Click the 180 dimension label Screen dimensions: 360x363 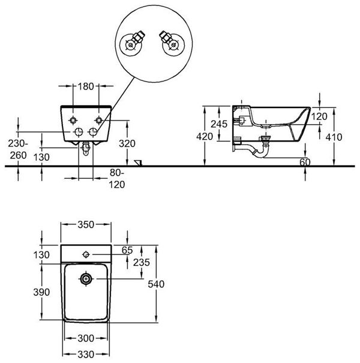coord(86,86)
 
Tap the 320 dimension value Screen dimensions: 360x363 coord(127,144)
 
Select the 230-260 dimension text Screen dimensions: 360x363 coord(18,149)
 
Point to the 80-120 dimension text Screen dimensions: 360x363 coord(117,179)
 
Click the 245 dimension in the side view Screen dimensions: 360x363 coord(219,124)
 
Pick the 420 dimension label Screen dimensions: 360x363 coord(205,137)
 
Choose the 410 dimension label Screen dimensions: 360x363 coord(334,137)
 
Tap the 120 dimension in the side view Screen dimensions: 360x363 coord(319,116)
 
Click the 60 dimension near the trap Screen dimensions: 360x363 coord(305,162)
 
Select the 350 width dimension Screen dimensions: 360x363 coord(86,224)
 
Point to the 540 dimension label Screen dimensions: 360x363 coord(156,284)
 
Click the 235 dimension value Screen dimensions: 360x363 coord(142,263)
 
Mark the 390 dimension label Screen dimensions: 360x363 coord(41,292)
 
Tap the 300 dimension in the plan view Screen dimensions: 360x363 coord(86,338)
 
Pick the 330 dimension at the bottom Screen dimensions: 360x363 coord(86,355)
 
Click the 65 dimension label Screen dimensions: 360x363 coord(127,250)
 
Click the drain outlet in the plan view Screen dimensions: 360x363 coord(86,279)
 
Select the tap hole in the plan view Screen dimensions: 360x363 coord(86,254)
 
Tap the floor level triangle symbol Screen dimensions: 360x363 coord(139,163)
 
